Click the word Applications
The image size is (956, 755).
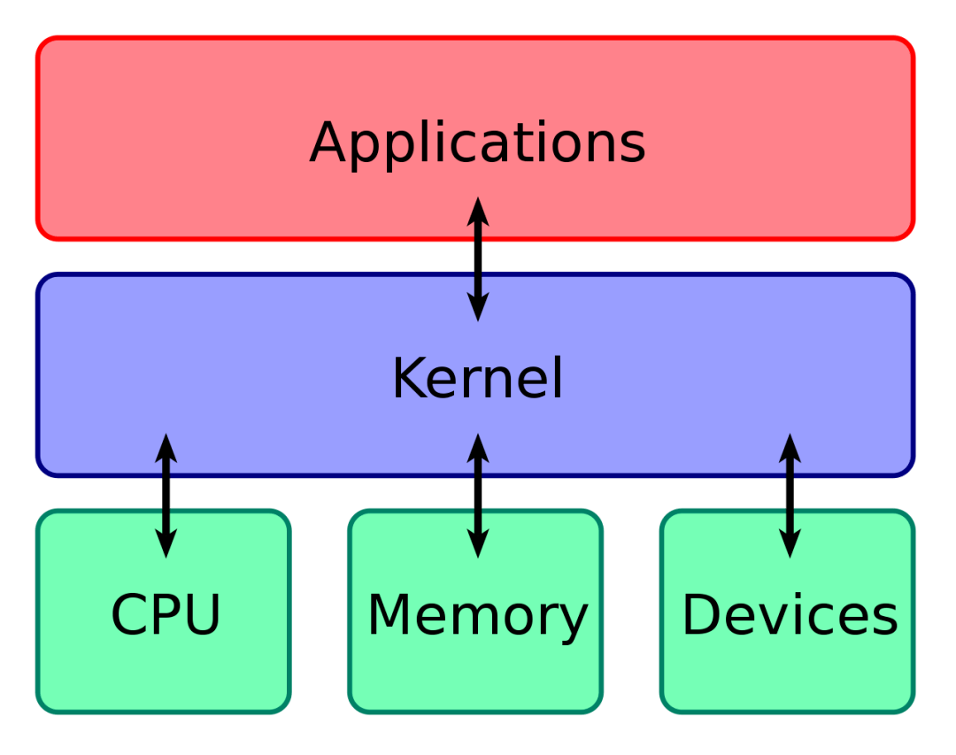pyautogui.click(x=477, y=143)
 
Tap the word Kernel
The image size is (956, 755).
pyautogui.click(x=477, y=379)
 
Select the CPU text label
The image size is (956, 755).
pyautogui.click(x=166, y=615)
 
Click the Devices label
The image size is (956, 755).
pyautogui.click(x=790, y=615)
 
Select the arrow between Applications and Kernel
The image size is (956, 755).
pyautogui.click(x=478, y=259)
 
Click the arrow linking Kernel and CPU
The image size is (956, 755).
pyautogui.click(x=166, y=496)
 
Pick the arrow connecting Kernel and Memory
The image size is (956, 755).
pyautogui.click(x=478, y=496)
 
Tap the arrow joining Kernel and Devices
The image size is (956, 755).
pyautogui.click(x=790, y=496)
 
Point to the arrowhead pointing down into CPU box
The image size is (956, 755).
pyautogui.click(x=166, y=545)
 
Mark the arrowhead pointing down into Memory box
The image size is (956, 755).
pyautogui.click(x=478, y=545)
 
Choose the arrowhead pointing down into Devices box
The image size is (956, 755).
pyautogui.click(x=790, y=545)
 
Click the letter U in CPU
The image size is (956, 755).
pyautogui.click(x=202, y=615)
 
